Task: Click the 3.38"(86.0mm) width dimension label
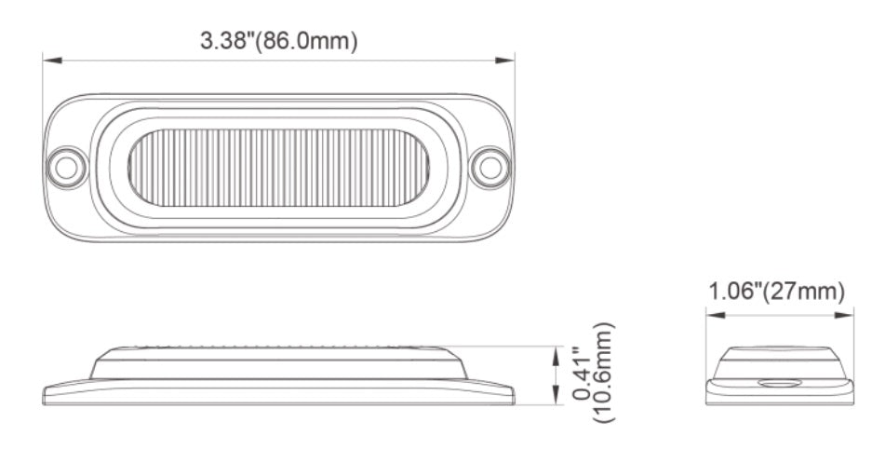point(279,41)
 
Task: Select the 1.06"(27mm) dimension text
point(777,292)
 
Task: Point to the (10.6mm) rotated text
point(603,373)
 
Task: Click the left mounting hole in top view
point(66,168)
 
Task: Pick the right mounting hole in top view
point(489,168)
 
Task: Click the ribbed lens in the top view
point(278,168)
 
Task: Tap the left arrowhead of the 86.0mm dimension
point(52,60)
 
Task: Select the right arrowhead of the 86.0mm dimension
point(505,60)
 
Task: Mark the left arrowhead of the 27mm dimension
point(715,315)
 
